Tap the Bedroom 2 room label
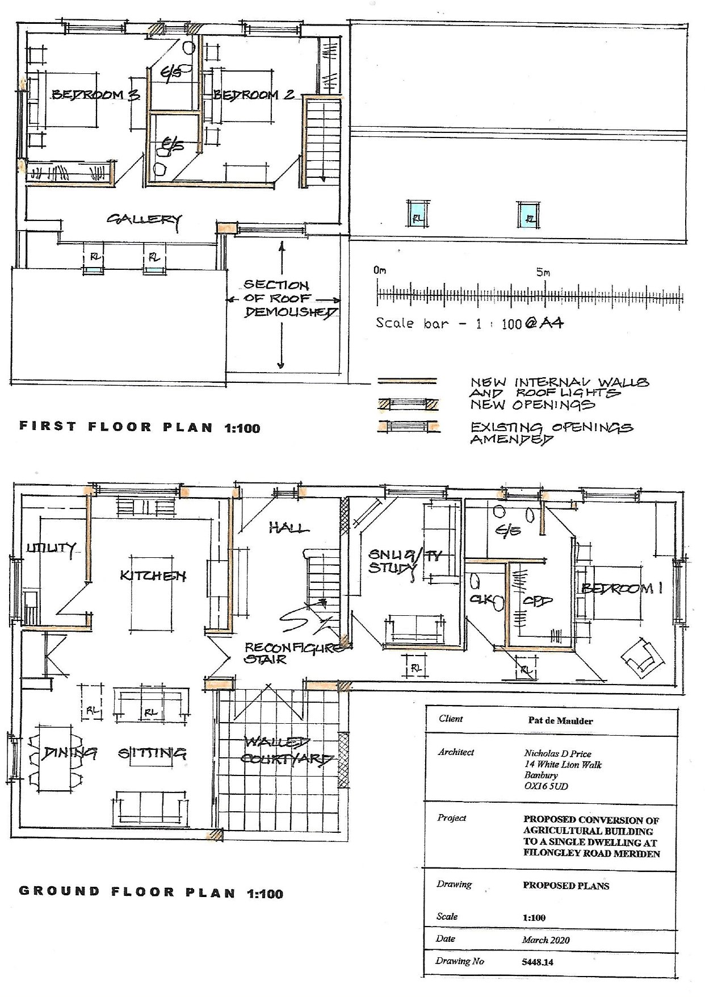pyautogui.click(x=254, y=94)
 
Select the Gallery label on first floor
pyautogui.click(x=145, y=220)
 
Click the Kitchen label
pyautogui.click(x=153, y=575)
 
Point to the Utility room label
pyautogui.click(x=51, y=548)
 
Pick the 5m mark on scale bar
pyautogui.click(x=543, y=272)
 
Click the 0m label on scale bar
pyautogui.click(x=380, y=270)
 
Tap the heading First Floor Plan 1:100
pyautogui.click(x=140, y=427)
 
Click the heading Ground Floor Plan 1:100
pyautogui.click(x=151, y=892)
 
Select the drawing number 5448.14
pyautogui.click(x=538, y=962)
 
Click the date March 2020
pyautogui.click(x=545, y=940)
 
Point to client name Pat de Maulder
pyautogui.click(x=560, y=721)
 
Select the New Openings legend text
pyautogui.click(x=532, y=404)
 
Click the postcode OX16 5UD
pyautogui.click(x=545, y=786)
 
